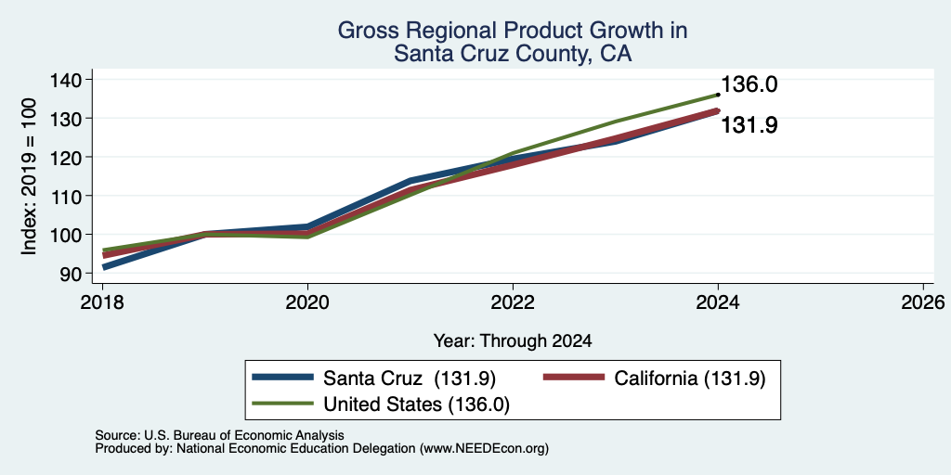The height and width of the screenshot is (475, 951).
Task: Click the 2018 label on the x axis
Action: [x=102, y=302]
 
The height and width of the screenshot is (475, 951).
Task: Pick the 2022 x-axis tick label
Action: [x=513, y=302]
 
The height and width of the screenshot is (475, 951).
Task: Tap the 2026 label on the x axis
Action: [x=923, y=302]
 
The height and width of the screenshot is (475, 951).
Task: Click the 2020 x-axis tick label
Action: [x=307, y=302]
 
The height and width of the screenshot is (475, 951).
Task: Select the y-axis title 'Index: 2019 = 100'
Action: [x=29, y=176]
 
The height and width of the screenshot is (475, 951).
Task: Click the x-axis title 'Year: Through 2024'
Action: [x=513, y=341]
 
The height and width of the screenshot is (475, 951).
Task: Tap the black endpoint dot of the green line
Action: [x=718, y=95]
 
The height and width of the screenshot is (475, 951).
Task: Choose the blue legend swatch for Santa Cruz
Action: [x=282, y=378]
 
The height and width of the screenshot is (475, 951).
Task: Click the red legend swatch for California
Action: [x=574, y=378]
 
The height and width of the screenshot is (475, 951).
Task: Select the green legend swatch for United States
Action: [x=282, y=403]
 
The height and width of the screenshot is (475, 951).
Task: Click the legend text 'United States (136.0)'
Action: [x=416, y=404]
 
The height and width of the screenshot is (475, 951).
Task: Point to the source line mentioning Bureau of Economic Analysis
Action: [x=219, y=435]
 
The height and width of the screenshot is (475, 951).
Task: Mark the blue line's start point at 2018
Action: [x=104, y=267]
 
